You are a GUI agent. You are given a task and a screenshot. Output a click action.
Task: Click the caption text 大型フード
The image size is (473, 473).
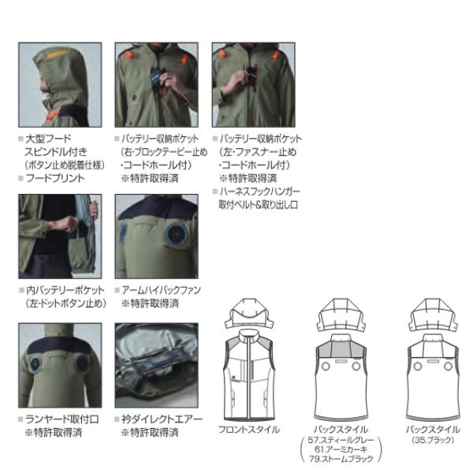point(49,139)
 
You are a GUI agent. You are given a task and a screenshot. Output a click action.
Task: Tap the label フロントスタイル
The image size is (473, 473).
point(248,430)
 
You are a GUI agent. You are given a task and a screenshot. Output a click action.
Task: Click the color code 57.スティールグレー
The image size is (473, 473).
point(345,440)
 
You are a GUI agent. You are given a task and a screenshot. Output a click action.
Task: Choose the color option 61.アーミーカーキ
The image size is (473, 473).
point(344,449)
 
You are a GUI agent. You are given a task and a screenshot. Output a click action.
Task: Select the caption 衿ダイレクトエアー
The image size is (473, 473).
point(161,419)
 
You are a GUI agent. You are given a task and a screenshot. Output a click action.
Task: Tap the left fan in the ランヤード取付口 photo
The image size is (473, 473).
point(41,367)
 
